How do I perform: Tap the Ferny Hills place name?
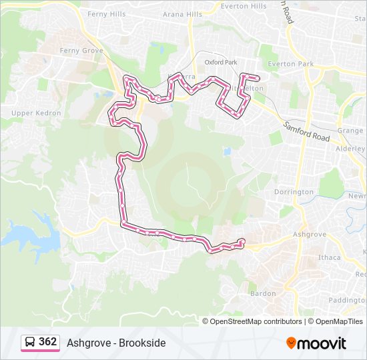tap(106, 13)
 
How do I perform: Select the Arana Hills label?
tap(182, 14)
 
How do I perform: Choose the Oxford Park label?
tap(221, 62)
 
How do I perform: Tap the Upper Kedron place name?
tap(36, 113)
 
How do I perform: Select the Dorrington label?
tap(293, 192)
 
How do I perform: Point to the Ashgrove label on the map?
tap(310, 235)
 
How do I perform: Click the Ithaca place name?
tap(330, 257)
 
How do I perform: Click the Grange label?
tap(350, 131)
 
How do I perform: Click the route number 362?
tap(48, 342)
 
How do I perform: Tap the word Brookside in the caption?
tap(142, 343)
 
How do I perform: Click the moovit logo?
tap(316, 343)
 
